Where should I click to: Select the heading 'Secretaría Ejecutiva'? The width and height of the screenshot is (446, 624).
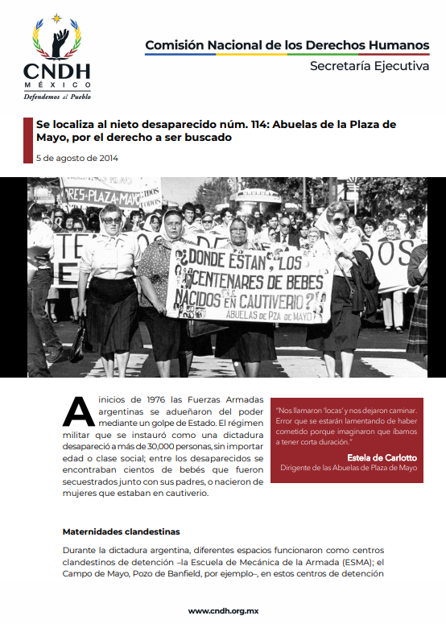click(x=370, y=66)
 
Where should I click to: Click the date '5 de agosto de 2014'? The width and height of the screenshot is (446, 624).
click(x=77, y=158)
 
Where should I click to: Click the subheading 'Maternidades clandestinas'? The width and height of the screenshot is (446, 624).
click(x=121, y=531)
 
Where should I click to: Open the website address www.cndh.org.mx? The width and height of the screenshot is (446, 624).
click(x=223, y=610)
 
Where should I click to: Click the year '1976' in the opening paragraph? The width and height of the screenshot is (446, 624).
click(x=131, y=399)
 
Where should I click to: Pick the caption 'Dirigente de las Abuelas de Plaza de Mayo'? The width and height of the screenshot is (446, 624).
click(x=349, y=468)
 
